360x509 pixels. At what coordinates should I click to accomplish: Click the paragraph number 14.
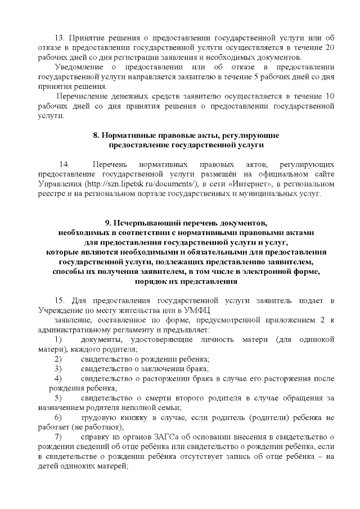[x=64, y=164]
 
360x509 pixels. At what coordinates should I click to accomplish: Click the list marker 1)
[x=58, y=340]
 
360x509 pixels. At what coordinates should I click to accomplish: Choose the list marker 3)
[x=58, y=369]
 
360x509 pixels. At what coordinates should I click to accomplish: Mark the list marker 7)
[x=58, y=437]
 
